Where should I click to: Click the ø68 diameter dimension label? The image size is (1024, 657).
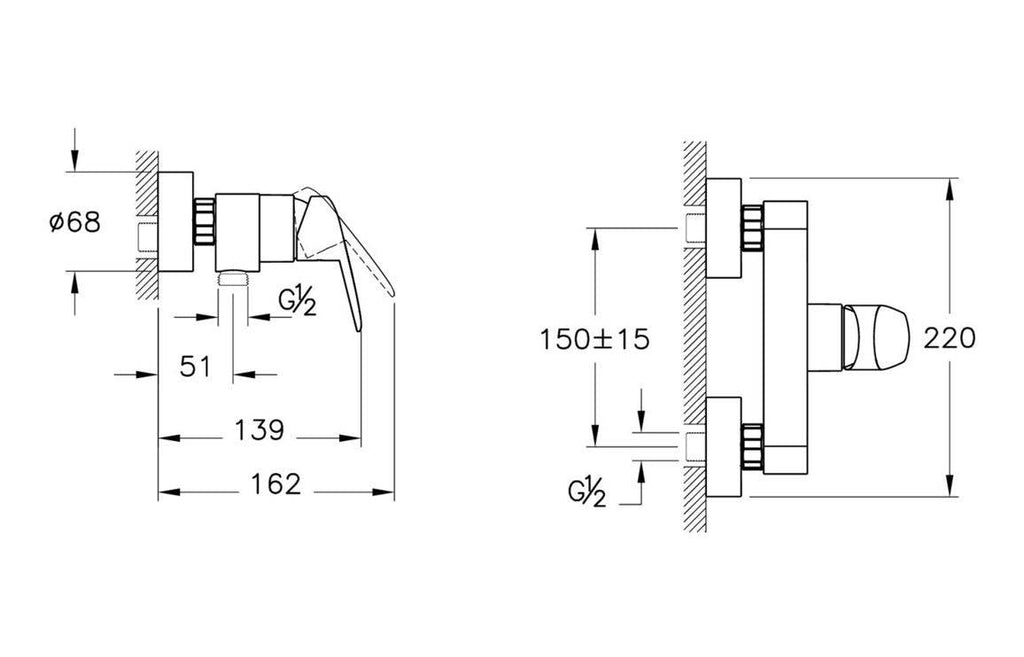[x=75, y=222]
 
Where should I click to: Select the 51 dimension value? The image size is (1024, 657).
[x=195, y=367]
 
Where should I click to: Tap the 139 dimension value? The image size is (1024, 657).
[x=259, y=430]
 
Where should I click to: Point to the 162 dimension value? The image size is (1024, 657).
[x=276, y=484]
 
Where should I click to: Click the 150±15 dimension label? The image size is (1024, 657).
[x=594, y=339]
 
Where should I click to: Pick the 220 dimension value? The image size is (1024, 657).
[x=949, y=338]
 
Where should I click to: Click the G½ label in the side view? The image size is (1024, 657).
[x=297, y=302]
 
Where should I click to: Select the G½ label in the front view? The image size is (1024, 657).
[x=586, y=492]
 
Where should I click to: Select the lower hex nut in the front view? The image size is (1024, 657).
[x=752, y=446]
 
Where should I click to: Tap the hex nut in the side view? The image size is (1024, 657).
[x=204, y=221]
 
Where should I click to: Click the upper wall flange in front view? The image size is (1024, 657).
[x=724, y=227]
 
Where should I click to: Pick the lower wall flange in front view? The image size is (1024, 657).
[x=724, y=447]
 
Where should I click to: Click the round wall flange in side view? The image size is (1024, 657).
[x=176, y=221]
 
